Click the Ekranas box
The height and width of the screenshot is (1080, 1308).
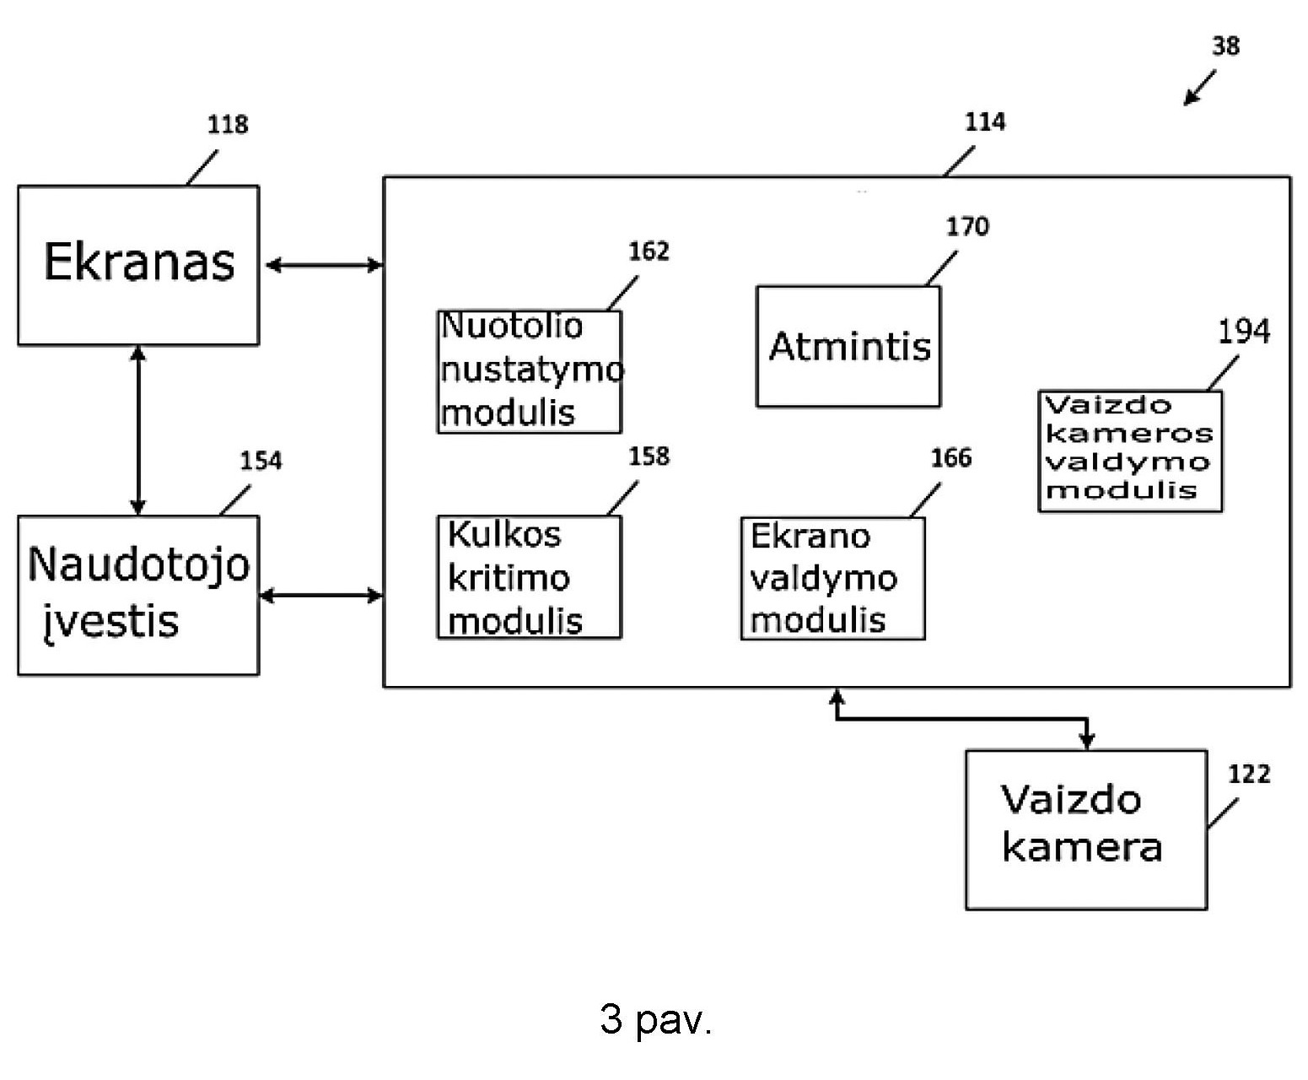(x=138, y=265)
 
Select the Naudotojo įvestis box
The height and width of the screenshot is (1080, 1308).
(x=138, y=595)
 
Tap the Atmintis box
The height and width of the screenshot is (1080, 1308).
(x=848, y=346)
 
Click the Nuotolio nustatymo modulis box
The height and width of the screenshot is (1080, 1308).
(x=530, y=371)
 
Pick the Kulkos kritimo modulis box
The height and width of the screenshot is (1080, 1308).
(x=530, y=577)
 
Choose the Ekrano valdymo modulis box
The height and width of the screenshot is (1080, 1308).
(x=833, y=578)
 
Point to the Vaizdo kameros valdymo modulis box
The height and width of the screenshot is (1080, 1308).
(x=1130, y=451)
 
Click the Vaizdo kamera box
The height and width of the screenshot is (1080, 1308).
(x=1086, y=829)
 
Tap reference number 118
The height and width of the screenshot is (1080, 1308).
(x=228, y=125)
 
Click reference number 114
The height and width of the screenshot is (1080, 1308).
(x=985, y=122)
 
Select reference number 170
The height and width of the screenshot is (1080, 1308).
(x=967, y=226)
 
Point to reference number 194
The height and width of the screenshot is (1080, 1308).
(x=1243, y=332)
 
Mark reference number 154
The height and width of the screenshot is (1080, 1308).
(x=261, y=461)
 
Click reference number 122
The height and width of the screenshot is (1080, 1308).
(x=1249, y=774)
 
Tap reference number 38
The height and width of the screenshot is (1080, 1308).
(x=1225, y=46)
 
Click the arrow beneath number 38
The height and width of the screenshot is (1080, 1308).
(x=1199, y=88)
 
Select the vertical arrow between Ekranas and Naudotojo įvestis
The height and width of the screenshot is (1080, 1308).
(x=138, y=430)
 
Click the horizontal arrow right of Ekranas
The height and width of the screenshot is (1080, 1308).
(x=324, y=265)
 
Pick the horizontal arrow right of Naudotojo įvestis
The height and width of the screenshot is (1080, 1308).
(x=320, y=596)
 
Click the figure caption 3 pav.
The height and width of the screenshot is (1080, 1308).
(x=656, y=1019)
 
